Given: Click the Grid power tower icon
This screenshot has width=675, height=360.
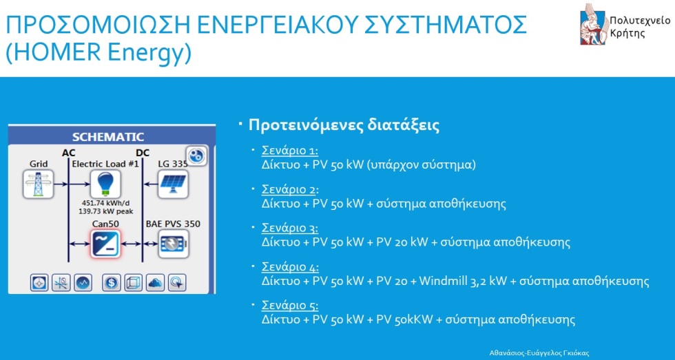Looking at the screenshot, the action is click(39, 184).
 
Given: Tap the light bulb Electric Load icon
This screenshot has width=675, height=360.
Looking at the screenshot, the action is click(105, 184).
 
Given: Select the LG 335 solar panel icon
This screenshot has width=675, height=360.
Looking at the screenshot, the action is click(173, 184).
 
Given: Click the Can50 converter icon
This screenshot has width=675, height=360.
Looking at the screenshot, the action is click(105, 244).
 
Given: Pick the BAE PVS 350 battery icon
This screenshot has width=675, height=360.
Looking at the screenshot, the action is click(173, 244).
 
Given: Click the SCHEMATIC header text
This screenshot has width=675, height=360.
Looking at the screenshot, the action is click(108, 137).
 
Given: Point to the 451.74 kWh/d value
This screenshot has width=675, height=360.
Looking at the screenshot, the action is click(106, 203).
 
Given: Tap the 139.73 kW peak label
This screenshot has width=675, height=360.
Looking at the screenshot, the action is click(106, 211).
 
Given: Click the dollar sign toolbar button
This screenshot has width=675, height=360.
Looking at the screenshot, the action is click(112, 283).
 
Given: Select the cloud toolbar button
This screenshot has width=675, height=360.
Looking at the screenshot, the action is click(156, 283).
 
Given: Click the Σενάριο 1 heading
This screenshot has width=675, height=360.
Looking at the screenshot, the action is click(290, 151).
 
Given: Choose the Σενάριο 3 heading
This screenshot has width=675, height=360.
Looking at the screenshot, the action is click(290, 228).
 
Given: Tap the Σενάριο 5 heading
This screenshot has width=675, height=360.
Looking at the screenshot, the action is click(290, 306).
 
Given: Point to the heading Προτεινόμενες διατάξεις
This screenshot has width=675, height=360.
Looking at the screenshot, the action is click(344, 125).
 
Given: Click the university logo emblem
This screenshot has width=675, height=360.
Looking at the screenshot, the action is click(594, 24).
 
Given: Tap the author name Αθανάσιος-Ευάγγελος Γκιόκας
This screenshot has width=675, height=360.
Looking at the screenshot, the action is click(539, 352).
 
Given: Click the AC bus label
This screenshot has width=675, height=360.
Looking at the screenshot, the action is click(68, 153).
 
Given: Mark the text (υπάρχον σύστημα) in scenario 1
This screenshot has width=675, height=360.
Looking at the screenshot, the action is click(422, 165).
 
